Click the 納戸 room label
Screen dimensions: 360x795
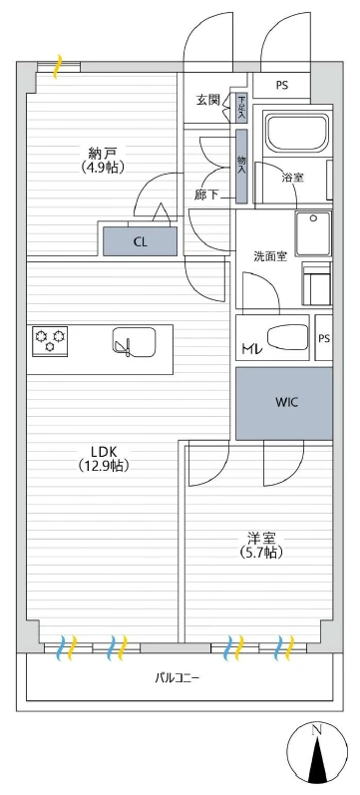(103, 152)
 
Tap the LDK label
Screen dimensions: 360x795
(104, 451)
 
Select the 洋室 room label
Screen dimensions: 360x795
(260, 538)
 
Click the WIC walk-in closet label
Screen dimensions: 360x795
(287, 403)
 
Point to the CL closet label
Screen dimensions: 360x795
(140, 241)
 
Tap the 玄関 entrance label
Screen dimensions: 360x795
(207, 100)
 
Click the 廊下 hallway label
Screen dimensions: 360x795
(206, 196)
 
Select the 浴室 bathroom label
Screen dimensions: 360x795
(292, 178)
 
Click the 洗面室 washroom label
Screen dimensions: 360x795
(271, 256)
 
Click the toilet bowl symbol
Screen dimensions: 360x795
(286, 338)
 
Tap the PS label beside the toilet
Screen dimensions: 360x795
(324, 339)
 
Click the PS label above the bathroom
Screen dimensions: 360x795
(282, 85)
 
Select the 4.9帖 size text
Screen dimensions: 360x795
(103, 168)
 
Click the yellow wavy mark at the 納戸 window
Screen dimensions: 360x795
(58, 67)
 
